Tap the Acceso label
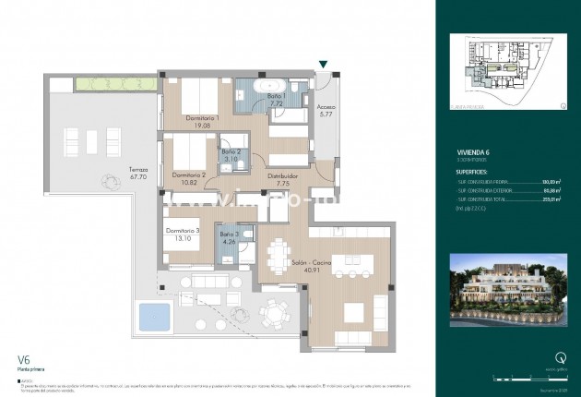coord(326,106)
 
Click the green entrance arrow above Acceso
coord(323,64)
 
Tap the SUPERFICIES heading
coord(477,172)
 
